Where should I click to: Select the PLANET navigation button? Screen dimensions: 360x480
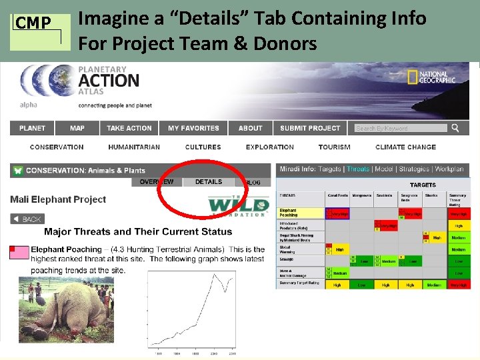click(33, 128)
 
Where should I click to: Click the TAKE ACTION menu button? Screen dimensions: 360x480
click(129, 128)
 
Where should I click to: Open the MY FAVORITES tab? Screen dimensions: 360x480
click(193, 128)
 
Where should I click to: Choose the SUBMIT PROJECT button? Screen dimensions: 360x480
click(310, 128)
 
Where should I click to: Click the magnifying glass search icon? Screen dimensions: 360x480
click(455, 128)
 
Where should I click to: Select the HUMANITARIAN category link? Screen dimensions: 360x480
click(134, 147)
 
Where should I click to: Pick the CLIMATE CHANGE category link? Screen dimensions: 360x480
click(405, 147)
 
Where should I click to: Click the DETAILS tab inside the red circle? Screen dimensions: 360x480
click(209, 181)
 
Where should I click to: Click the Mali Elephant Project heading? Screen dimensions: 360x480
click(58, 199)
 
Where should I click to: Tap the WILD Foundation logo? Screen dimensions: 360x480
click(238, 205)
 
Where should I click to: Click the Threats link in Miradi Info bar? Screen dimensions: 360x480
click(357, 169)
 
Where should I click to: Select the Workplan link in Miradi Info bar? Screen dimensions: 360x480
click(449, 169)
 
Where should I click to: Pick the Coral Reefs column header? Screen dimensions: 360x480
click(337, 197)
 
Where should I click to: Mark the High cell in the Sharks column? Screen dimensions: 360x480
click(437, 237)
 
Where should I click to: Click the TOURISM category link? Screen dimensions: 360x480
click(334, 147)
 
